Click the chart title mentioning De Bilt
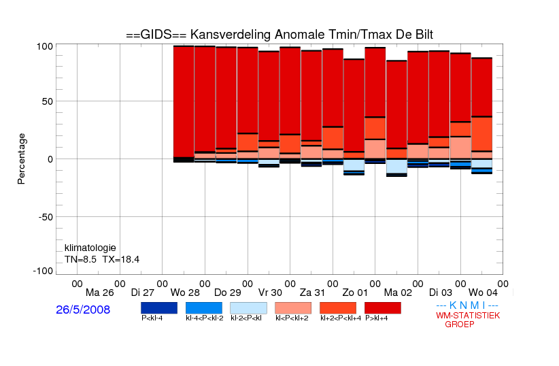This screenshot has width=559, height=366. tap(279, 35)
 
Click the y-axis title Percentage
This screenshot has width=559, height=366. tap(21, 159)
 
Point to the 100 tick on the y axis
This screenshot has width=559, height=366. tap(45, 46)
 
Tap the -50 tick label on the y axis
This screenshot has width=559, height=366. tap(46, 217)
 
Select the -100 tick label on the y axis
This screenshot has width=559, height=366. tap(43, 271)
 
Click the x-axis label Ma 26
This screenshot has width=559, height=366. tap(100, 293)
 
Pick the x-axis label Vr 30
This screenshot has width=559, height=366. tap(270, 293)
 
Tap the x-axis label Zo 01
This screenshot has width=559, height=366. tap(355, 293)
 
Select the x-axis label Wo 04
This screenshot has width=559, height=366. tap(483, 293)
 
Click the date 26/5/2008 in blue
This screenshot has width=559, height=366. tap(83, 310)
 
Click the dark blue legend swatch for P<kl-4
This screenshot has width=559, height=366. tap(159, 308)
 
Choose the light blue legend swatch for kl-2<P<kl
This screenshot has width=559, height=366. tap(248, 308)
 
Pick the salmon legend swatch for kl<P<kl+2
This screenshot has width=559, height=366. tap(293, 308)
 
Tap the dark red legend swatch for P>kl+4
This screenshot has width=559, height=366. tap(383, 308)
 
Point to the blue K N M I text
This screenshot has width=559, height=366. tap(467, 305)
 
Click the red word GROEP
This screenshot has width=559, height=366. tap(460, 325)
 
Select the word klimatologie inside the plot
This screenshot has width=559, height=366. tap(90, 248)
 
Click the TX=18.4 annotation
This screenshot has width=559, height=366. tap(121, 259)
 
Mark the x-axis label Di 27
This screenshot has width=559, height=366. tap(143, 293)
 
